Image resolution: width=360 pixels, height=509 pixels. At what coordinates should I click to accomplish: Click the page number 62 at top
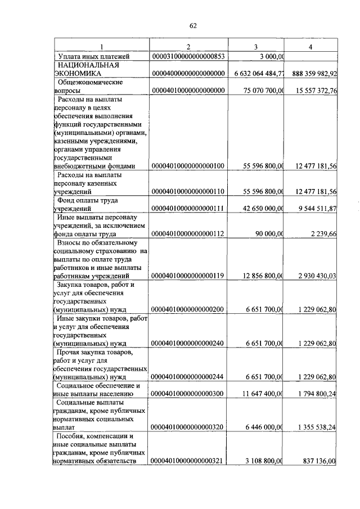(193, 25)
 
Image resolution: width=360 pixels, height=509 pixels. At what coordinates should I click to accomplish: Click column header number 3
(256, 46)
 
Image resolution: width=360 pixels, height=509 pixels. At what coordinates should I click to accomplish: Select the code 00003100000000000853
(188, 56)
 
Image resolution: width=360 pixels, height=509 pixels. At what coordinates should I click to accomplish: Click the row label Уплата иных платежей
(94, 56)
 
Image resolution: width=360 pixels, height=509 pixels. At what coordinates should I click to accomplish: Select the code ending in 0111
(188, 208)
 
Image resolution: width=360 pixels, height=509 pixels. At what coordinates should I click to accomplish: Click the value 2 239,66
(322, 233)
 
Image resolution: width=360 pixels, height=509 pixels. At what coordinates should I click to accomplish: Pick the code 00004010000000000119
(188, 276)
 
